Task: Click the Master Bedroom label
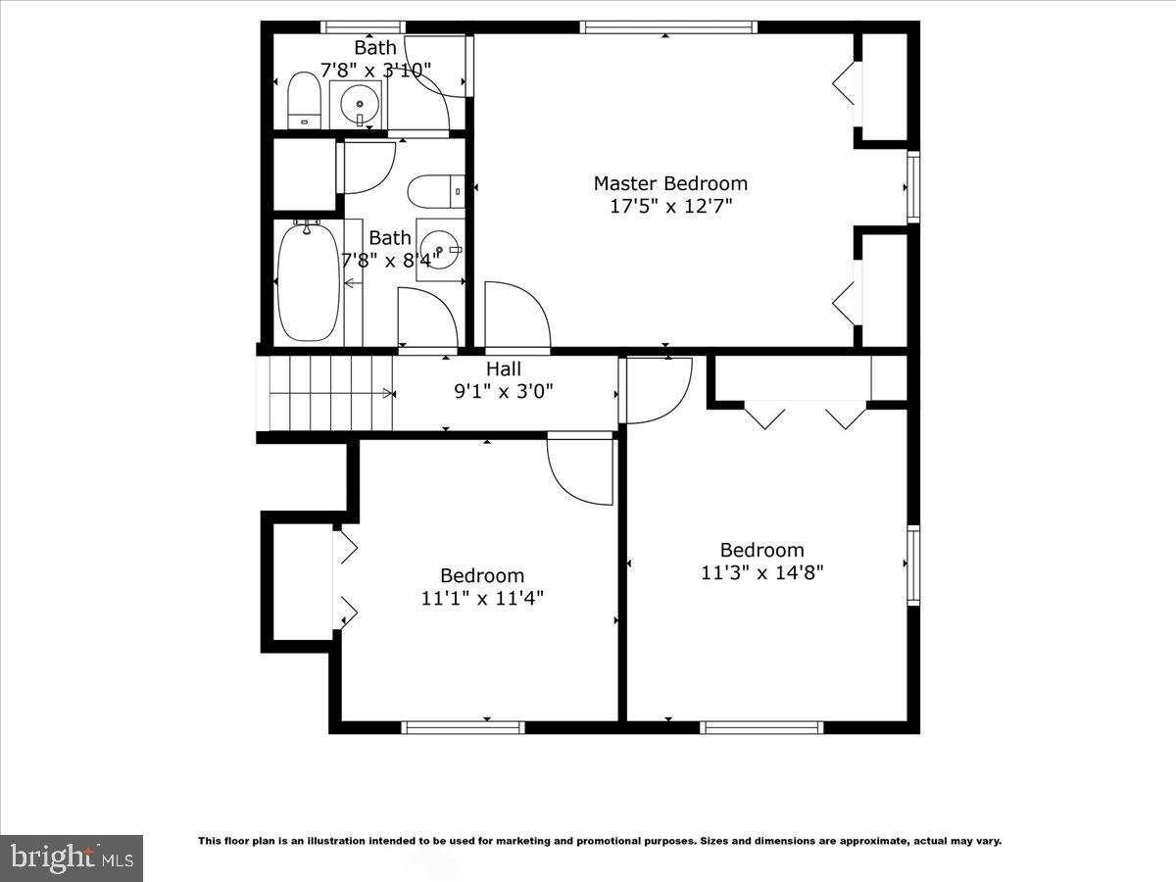point(670,183)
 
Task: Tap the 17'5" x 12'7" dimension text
point(670,206)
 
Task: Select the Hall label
point(504,369)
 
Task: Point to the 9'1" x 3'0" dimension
point(504,391)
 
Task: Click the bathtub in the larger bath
point(308,282)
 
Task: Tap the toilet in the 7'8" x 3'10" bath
point(304,101)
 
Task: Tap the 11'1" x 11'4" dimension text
point(482,598)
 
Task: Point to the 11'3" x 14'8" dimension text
point(761,572)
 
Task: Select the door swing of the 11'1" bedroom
point(580,470)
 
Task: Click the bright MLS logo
point(72,857)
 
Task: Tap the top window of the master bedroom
point(668,27)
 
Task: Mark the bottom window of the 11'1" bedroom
point(463,727)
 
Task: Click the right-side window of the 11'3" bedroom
point(913,564)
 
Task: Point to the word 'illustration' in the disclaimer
point(332,841)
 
